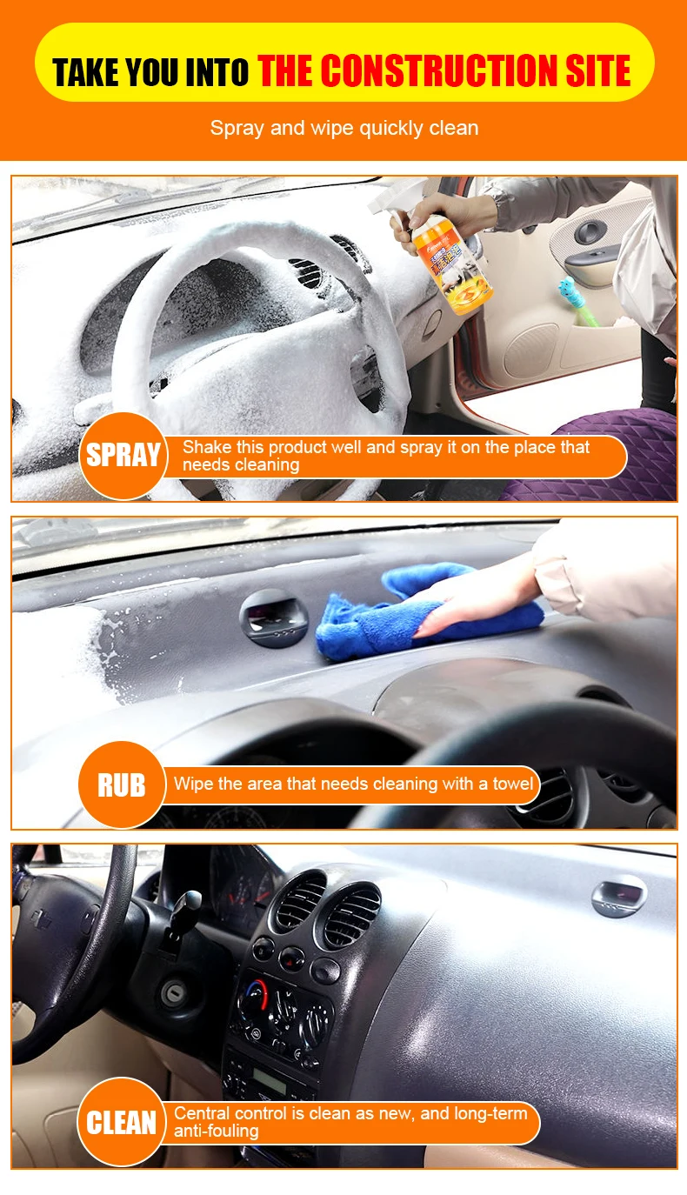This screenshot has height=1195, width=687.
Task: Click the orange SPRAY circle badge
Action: click(123, 456)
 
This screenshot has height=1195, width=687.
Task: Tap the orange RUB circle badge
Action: click(122, 784)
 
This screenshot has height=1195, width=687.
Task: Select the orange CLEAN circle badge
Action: click(121, 1123)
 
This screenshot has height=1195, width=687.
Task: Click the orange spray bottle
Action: click(450, 263)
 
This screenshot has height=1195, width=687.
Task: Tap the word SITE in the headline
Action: click(598, 70)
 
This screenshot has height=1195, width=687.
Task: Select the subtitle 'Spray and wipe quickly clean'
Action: click(344, 128)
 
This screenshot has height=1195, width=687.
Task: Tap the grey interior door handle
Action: click(590, 231)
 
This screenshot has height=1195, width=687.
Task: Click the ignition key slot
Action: click(173, 993)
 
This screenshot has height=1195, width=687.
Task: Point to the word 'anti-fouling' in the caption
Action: click(217, 1131)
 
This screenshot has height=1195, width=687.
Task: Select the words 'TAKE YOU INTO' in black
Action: click(151, 72)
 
